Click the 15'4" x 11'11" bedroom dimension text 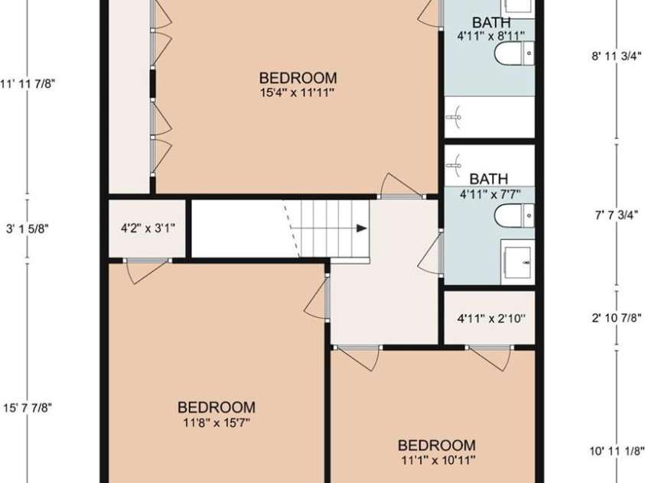298,93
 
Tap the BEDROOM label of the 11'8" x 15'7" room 217,407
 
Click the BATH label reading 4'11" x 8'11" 491,22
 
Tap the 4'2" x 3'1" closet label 148,228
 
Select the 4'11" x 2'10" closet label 490,318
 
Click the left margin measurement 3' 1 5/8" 28,228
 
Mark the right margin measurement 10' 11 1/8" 617,450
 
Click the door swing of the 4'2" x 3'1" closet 145,271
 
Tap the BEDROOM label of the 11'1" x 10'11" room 437,446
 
